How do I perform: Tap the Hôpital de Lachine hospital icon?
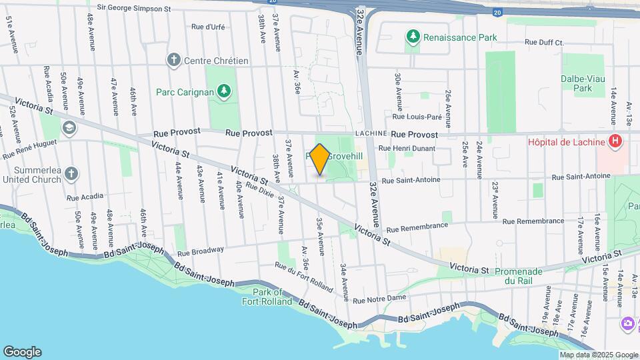[615, 141]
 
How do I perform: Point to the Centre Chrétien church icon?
[174, 61]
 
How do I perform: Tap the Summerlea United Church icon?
[71, 175]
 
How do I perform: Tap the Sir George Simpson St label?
[134, 9]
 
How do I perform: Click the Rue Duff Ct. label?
[544, 42]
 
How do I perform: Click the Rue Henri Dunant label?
[407, 149]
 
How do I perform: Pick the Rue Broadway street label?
[200, 251]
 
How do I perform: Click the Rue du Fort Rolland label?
[304, 277]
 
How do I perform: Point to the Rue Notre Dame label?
[379, 298]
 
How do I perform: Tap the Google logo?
[22, 351]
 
